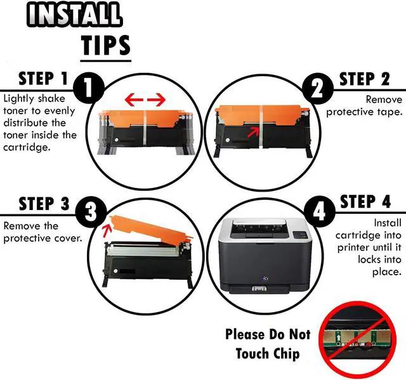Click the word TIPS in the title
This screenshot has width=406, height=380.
105,45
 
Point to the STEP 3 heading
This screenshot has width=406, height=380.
44,204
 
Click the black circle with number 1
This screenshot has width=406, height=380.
89,89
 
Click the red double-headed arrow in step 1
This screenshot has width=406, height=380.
144,99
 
